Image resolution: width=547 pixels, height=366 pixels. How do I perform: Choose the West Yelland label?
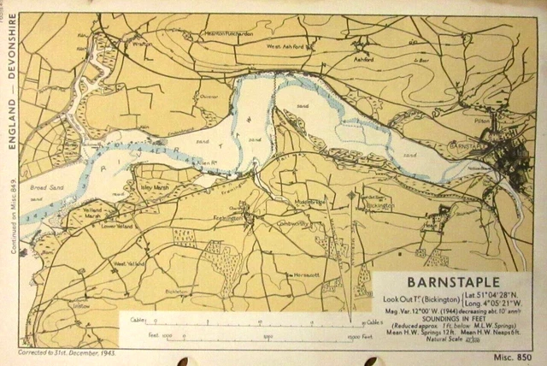click(x=126, y=265)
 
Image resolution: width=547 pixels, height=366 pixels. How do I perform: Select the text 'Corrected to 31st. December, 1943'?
click(x=67, y=352)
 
